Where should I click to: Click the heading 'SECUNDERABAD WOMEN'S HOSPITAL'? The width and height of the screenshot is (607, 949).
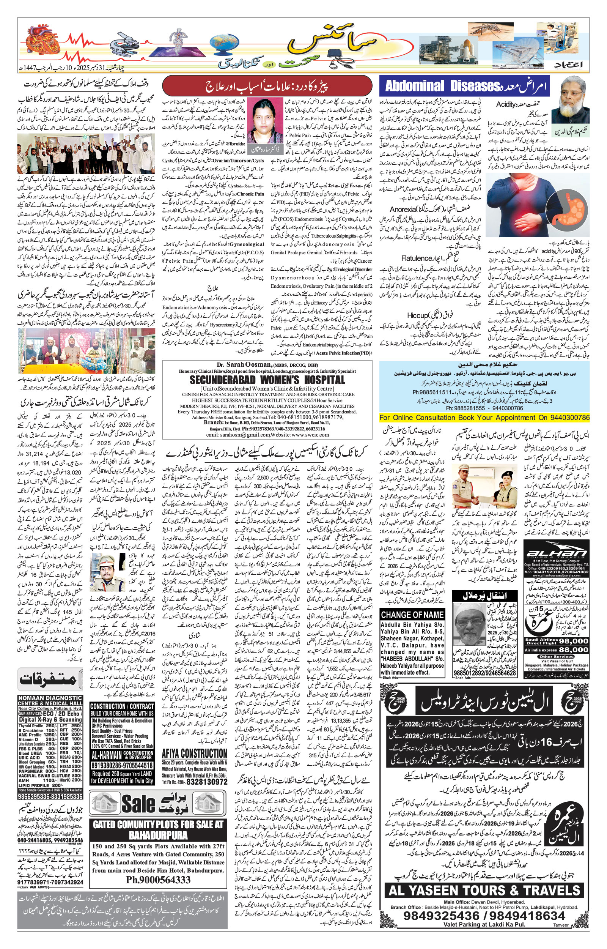coord(267,380)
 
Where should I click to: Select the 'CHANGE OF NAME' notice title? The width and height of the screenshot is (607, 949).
coord(412,615)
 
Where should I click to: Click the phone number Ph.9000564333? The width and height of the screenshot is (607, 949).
coord(158,880)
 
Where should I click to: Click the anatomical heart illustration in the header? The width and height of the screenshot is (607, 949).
coord(42,41)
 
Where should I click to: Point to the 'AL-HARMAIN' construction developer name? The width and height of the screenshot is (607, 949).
coord(107,755)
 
